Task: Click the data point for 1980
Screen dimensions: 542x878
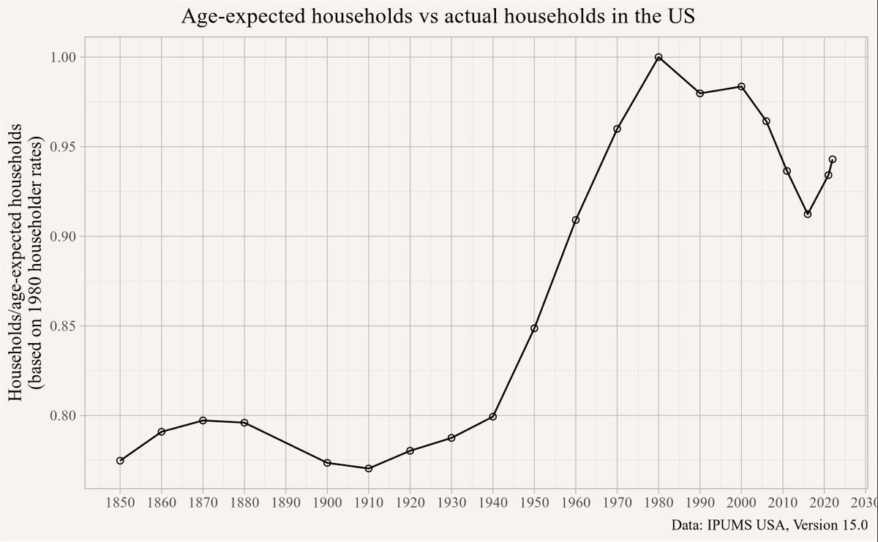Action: [658, 57]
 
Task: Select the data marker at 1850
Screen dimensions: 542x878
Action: [120, 461]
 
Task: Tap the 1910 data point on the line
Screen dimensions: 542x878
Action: [369, 468]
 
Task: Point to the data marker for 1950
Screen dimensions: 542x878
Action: [534, 328]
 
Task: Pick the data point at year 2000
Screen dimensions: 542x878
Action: [741, 86]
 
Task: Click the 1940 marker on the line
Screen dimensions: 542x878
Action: [493, 417]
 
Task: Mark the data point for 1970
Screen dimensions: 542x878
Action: [617, 129]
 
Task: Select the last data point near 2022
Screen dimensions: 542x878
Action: [832, 159]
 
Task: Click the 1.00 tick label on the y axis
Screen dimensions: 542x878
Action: [64, 57]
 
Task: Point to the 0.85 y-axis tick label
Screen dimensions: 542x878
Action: [64, 326]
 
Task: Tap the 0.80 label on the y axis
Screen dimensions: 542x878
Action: [64, 415]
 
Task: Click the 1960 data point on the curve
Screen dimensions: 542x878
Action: [576, 220]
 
